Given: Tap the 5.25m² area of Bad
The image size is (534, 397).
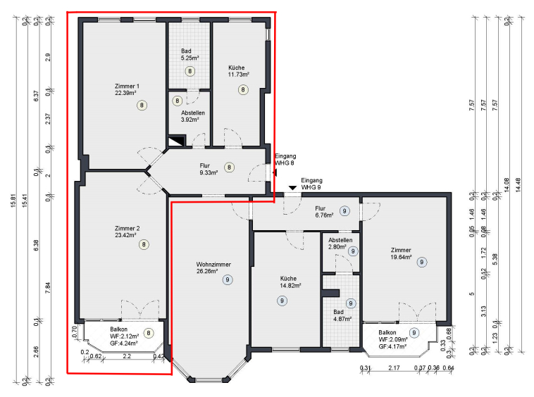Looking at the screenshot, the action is pos(190,58).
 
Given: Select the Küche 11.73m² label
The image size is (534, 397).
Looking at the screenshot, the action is pos(238,71).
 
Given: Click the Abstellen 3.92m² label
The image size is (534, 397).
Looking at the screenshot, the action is pos(193,116).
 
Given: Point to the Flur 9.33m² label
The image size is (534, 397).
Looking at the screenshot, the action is pos(209,169).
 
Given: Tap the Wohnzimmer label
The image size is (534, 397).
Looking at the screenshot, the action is pos(213,265).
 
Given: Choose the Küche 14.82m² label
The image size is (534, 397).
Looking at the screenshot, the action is pos(290,282).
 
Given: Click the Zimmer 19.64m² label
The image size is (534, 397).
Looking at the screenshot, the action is pos(401,253).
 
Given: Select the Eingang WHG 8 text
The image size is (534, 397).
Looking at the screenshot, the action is pos(285,160).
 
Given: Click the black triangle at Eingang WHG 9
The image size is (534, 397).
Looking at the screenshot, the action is pos(292,188).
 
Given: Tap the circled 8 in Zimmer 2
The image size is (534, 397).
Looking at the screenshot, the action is pos(144,244).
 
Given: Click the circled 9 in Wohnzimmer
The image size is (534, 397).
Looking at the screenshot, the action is pos(228,280).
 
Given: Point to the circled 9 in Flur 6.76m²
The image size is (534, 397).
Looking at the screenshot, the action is pos(344,211).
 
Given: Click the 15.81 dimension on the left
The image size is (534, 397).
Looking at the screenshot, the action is pos(13,201).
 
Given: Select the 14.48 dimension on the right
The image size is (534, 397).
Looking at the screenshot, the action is pos(519,185).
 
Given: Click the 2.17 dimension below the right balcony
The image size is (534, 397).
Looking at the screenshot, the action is pos(394,367).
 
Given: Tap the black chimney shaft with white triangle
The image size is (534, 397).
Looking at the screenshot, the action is pos(176,141).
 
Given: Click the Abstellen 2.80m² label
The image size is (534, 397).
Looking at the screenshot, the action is pos(340,244).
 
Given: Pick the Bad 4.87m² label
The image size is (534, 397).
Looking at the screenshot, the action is pos(342,315).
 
